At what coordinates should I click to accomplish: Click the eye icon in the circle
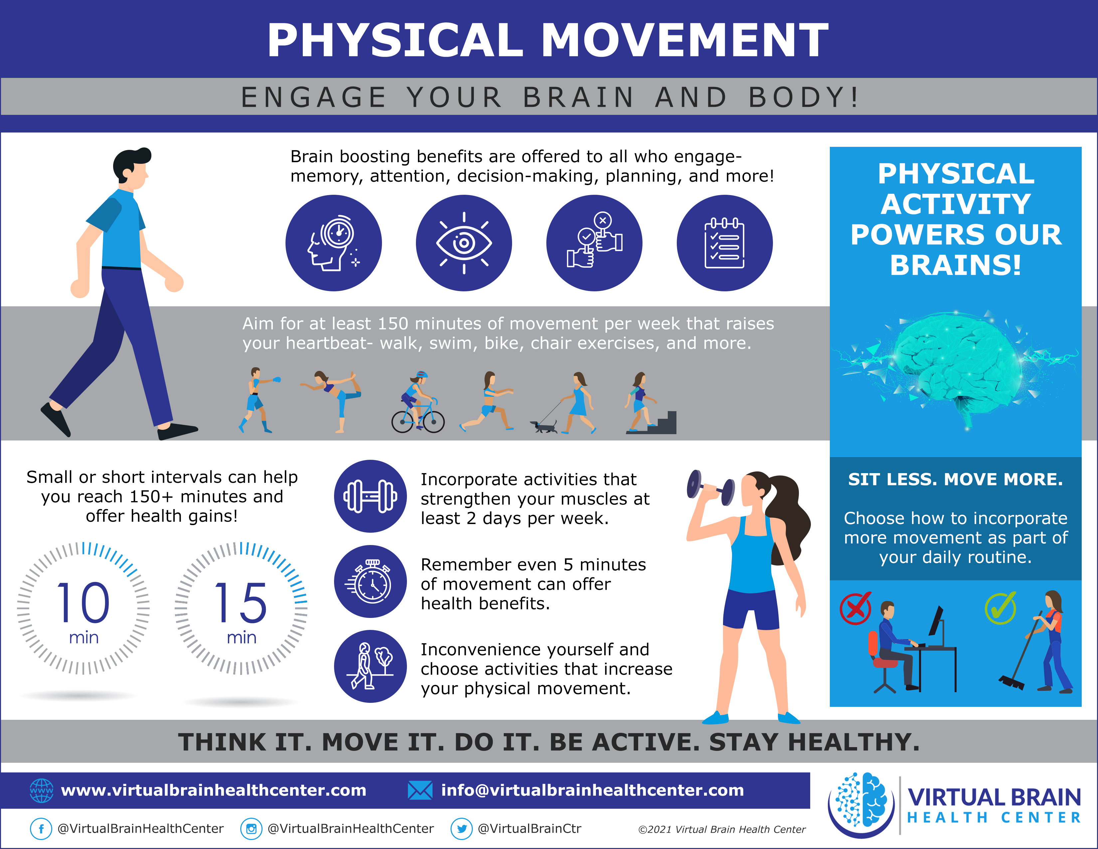463,243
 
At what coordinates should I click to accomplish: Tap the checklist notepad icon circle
724,243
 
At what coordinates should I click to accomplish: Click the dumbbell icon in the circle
371,496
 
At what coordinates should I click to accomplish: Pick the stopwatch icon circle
371,581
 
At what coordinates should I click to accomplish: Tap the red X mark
856,608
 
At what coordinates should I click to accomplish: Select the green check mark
1001,608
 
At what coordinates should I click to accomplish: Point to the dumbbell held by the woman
710,487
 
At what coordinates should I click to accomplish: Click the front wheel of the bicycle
433,422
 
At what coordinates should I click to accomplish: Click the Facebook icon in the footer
41,828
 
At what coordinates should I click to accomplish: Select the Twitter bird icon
461,828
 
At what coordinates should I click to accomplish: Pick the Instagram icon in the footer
251,828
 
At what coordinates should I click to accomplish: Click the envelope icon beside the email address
420,790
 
